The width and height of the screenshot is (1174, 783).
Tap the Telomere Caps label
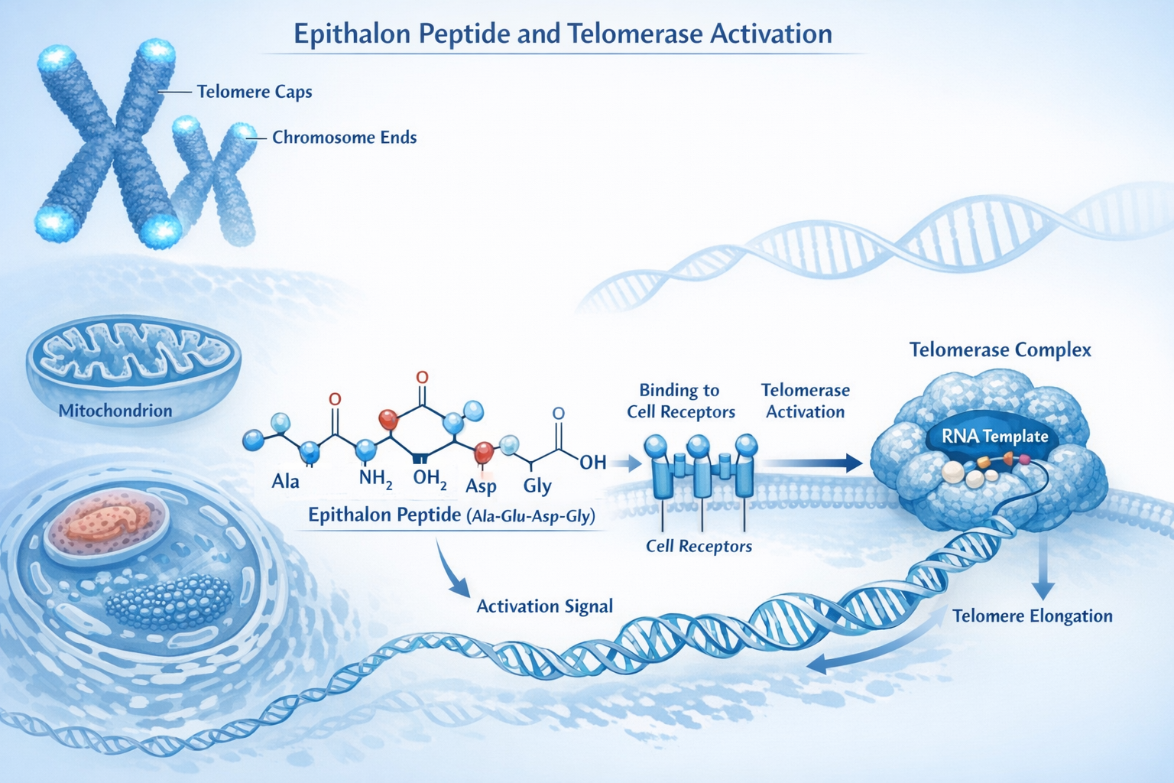point(255,92)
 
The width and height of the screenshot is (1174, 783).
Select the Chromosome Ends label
point(345,138)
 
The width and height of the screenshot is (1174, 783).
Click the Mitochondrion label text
point(115,411)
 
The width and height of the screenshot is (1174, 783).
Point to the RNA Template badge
point(994,437)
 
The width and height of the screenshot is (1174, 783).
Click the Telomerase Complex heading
point(1000,350)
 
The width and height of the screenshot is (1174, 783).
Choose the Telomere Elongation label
point(1032,616)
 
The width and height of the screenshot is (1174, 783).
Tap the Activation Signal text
point(544,606)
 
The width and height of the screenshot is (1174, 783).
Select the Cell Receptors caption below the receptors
point(699,546)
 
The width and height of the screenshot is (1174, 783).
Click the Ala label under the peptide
point(285,482)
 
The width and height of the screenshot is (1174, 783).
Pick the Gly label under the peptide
point(537,486)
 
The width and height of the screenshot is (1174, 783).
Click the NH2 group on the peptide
point(375,479)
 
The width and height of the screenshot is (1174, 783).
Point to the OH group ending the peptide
point(592,462)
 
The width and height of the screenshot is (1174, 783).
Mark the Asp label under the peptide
point(481,486)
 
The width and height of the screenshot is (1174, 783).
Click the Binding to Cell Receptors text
point(680,401)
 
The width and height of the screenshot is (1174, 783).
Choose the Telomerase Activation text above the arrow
point(806,401)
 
